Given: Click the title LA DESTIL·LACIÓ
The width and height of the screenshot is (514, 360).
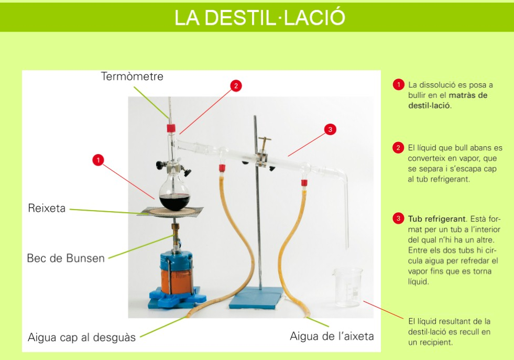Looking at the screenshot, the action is (260, 17).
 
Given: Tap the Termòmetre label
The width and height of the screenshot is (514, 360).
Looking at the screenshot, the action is (132, 77).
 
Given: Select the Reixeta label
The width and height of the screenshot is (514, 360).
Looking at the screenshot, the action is (47, 208).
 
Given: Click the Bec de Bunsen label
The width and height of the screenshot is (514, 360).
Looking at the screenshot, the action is (66, 258).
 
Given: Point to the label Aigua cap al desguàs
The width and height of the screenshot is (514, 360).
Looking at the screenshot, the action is (82, 337).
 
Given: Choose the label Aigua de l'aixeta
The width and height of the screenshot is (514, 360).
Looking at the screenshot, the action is (332, 336).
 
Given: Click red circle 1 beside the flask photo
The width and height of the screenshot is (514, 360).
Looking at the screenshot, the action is (98, 160).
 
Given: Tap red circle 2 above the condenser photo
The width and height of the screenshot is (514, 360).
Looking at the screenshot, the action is (236, 86).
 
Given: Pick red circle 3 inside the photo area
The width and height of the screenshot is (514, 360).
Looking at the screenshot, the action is (330, 129).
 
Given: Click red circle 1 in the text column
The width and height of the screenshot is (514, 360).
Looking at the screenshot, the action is (398, 84).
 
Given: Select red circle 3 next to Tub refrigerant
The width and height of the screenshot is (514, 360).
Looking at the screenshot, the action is (398, 219).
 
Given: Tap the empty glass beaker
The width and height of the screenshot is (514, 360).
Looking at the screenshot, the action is (347, 287).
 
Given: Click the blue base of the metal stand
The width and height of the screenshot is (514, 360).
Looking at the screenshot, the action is (256, 298).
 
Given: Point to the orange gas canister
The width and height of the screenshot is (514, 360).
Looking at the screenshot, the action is (176, 277).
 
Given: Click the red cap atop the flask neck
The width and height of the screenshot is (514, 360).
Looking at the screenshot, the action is (170, 128).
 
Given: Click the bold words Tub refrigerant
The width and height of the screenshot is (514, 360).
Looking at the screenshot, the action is (436, 219).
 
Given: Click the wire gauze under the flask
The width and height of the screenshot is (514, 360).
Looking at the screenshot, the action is (170, 212).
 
